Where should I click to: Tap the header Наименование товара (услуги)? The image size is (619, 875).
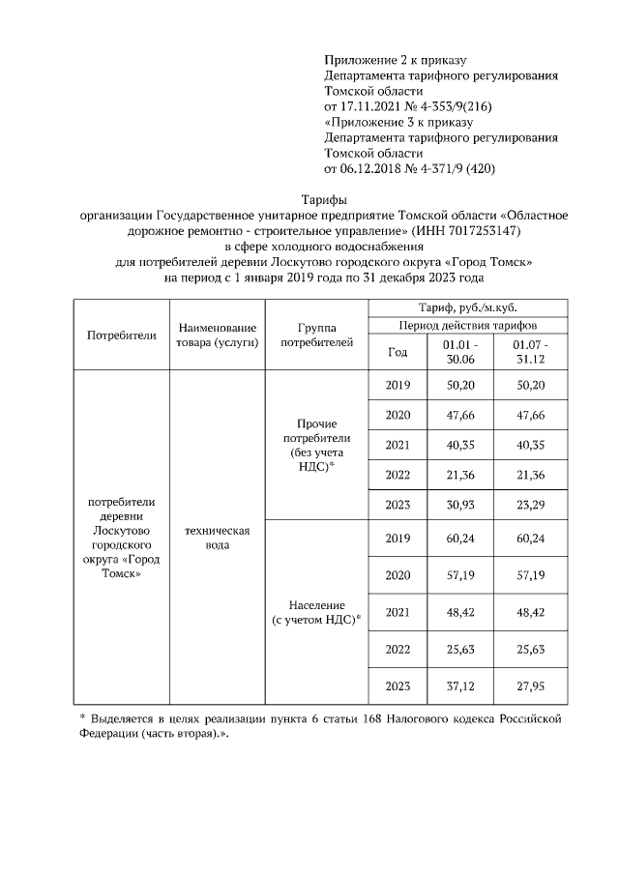(217, 335)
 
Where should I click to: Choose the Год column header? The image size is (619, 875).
(398, 353)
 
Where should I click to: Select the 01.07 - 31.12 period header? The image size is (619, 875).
(530, 352)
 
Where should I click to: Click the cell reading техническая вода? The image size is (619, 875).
(217, 539)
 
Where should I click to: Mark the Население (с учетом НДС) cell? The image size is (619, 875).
(316, 611)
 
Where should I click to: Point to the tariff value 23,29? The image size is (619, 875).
(530, 504)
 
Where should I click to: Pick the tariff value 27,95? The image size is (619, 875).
(530, 686)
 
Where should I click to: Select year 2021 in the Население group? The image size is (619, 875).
(398, 611)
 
